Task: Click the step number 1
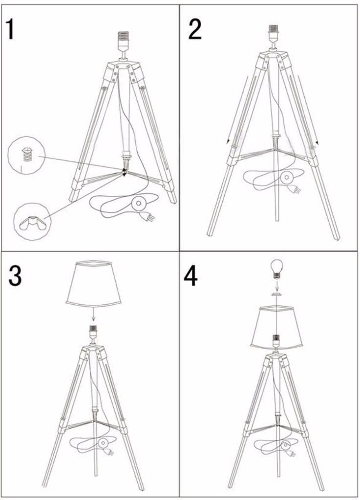click(11, 29)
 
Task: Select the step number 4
click(191, 276)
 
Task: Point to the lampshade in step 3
click(94, 283)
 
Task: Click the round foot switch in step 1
click(138, 203)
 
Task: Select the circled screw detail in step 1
click(26, 155)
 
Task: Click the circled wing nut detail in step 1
click(32, 221)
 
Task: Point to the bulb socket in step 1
click(123, 41)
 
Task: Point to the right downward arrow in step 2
click(308, 110)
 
